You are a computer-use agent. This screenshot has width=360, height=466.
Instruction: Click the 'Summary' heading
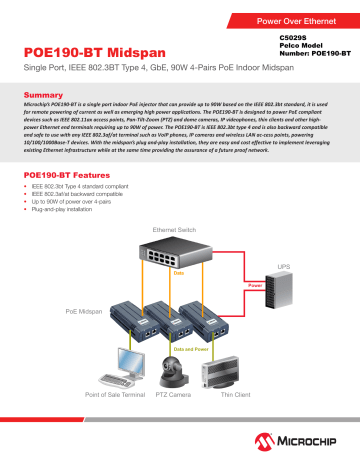tap(43, 93)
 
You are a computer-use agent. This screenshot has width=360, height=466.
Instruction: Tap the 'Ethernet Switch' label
tap(181, 231)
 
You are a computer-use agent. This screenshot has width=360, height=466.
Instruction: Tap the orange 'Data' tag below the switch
tap(179, 272)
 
